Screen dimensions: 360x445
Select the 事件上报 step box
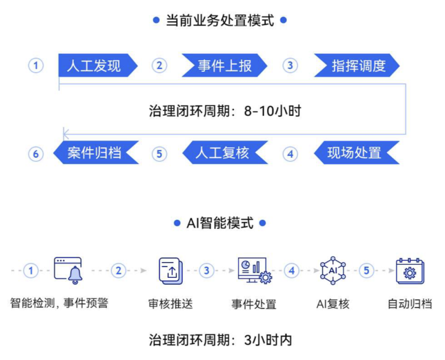(x=224, y=65)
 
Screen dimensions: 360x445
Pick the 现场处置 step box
(x=356, y=153)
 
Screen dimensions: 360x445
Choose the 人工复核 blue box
(x=224, y=153)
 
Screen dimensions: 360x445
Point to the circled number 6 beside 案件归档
(x=36, y=154)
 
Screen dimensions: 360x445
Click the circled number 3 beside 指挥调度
(x=290, y=65)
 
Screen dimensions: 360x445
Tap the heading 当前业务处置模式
(x=220, y=21)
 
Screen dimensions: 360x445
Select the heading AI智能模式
(x=220, y=223)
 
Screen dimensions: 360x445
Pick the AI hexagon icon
(x=333, y=270)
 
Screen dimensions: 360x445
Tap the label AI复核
(x=333, y=304)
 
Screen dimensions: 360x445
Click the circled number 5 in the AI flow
(x=367, y=270)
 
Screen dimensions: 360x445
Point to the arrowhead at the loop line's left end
(x=65, y=135)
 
